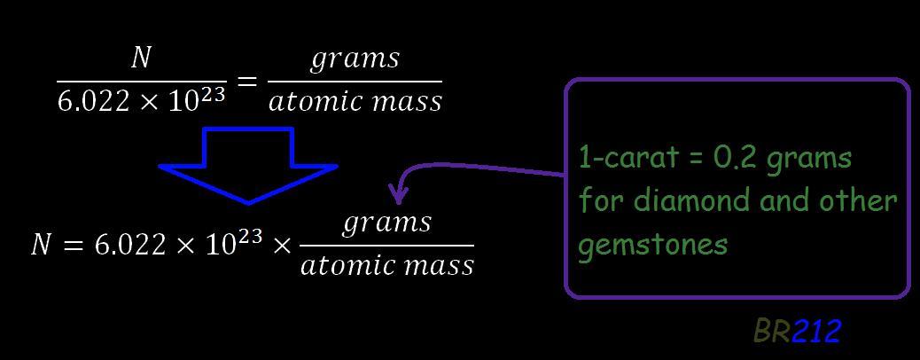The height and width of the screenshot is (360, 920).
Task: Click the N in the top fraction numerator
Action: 140,59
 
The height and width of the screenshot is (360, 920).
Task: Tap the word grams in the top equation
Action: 355,59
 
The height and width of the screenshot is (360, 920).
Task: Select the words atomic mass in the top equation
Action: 355,102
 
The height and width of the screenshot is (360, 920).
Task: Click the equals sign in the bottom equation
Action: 74,246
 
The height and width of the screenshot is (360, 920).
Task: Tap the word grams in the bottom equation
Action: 387,222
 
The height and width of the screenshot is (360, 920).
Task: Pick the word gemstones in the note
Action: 652,243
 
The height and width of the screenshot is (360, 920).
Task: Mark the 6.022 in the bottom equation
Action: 128,246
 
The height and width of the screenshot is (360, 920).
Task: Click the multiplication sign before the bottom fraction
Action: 281,246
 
